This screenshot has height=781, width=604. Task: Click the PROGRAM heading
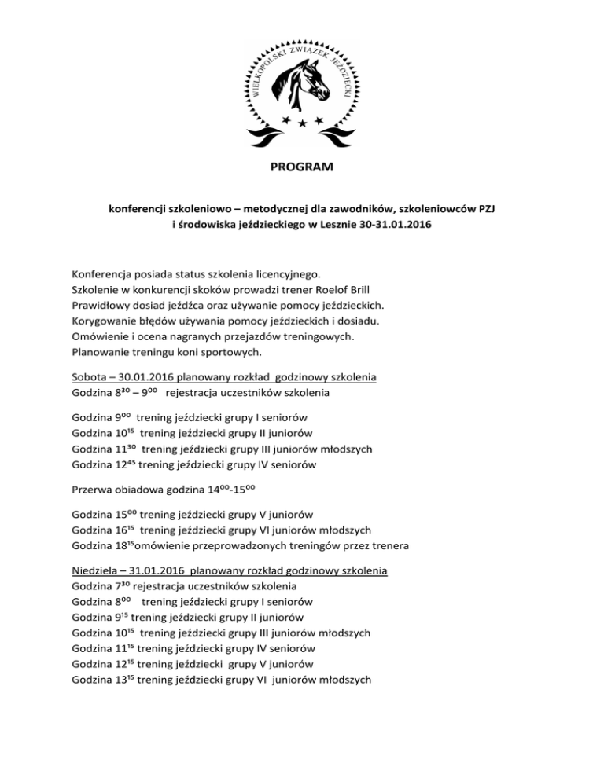click(x=302, y=167)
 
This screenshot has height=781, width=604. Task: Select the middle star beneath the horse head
click(x=302, y=124)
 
